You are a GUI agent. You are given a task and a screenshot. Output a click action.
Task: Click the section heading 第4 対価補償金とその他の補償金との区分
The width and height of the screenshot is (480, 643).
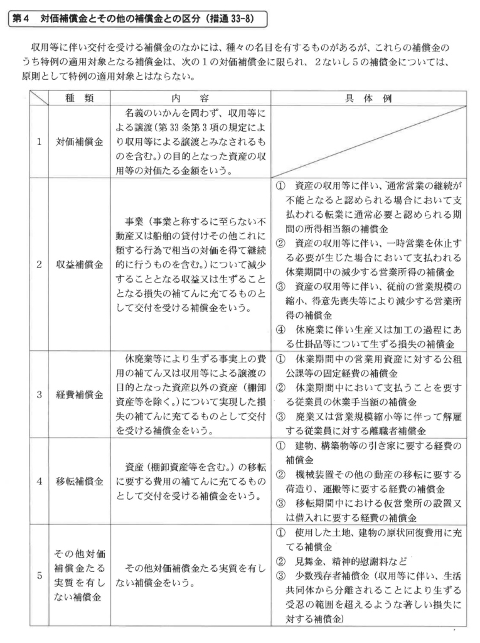coord(134,18)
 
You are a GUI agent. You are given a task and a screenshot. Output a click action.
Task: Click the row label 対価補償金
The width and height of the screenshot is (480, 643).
coord(80,141)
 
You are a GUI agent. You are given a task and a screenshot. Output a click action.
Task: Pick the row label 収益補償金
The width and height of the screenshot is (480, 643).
coord(80,264)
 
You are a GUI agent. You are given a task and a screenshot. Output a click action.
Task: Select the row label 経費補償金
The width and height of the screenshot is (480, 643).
coord(80,396)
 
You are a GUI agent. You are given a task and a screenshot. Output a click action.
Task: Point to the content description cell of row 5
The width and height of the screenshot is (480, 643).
coord(190,576)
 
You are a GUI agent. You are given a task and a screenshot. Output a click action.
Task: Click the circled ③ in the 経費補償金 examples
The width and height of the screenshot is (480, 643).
coord(281,418)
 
